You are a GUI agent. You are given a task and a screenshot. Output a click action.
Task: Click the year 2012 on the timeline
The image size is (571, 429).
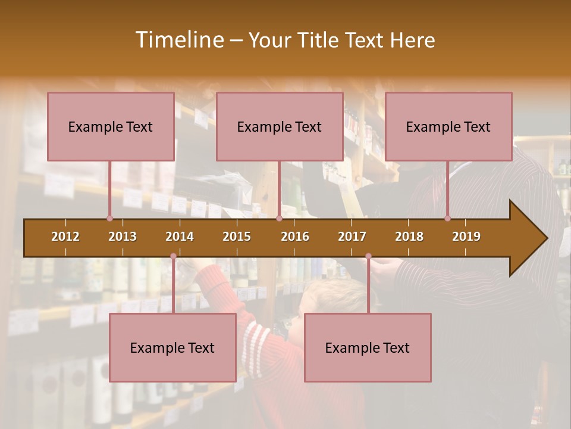pos(65,237)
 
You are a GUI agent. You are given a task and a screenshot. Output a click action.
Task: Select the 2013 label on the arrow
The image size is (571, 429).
pos(123,237)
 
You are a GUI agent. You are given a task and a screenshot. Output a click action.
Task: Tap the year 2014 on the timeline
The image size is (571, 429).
pos(180,237)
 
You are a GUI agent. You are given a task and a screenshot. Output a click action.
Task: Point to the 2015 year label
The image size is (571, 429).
pos(237,237)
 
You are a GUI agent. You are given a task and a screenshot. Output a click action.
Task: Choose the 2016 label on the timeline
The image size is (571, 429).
pos(295,237)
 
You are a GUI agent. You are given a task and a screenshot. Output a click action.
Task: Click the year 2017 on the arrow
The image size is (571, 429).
pos(352,237)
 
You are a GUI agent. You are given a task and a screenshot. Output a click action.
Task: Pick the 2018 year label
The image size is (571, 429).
pos(409,237)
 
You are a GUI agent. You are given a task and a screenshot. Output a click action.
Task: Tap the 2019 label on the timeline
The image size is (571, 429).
pos(466,237)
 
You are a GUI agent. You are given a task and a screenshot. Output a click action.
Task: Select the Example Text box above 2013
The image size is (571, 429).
pos(111,126)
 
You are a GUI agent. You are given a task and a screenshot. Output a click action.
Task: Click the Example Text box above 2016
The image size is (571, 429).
pos(280,126)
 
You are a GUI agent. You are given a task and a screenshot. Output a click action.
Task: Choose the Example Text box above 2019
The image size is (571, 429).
pos(448,126)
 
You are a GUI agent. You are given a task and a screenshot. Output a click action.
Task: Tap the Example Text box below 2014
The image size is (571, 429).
pos(172,347)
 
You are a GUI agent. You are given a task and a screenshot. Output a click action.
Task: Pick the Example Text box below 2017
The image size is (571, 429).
pos(368,347)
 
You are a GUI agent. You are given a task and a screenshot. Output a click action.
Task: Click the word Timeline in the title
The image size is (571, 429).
pos(178,40)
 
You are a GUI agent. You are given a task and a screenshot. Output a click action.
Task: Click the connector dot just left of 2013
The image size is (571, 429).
pos(109,218)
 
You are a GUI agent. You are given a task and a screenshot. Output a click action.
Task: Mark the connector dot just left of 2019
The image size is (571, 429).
pos(447,218)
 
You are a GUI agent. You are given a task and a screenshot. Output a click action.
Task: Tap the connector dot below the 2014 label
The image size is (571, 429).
pos(173,256)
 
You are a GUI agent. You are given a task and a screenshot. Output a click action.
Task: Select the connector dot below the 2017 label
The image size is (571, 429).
pos(368,256)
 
